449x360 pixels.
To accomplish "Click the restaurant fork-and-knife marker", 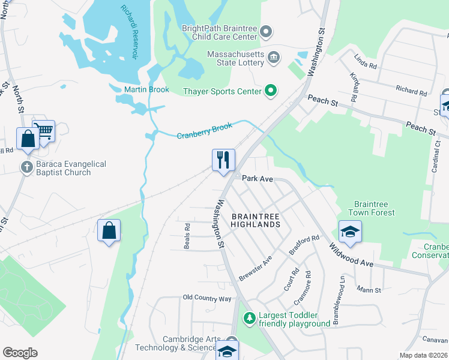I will click(223, 160).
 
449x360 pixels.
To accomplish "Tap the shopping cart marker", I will click(43, 130).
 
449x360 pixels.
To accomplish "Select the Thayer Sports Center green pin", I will click(271, 91).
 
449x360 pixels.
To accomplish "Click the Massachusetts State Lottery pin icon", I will click(274, 58).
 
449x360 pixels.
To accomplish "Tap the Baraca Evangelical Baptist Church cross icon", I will click(26, 168).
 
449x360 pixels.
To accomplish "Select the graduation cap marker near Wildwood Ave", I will click(350, 231).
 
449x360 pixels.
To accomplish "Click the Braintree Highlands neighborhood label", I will click(256, 220).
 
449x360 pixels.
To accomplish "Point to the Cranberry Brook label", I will click(204, 131).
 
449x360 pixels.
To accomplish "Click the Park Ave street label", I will click(258, 178).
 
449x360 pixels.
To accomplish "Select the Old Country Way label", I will click(207, 298).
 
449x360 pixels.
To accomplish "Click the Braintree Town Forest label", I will click(375, 208).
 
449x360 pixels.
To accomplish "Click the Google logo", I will click(20, 353).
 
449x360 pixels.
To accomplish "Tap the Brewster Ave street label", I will click(256, 271).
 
